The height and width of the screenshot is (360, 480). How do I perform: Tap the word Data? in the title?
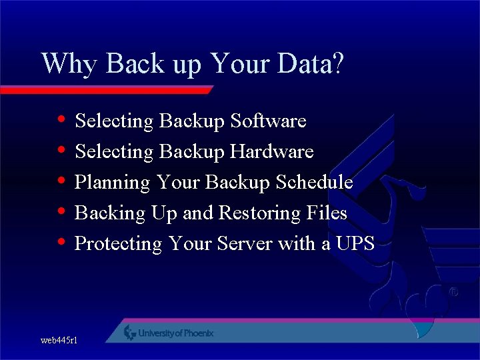(309, 64)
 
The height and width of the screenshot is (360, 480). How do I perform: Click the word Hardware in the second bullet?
(271, 152)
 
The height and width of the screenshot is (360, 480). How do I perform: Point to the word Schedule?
(314, 183)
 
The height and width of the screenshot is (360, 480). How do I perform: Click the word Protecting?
(118, 244)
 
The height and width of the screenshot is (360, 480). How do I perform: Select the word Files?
(328, 213)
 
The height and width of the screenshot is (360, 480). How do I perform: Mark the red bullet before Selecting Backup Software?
(61, 121)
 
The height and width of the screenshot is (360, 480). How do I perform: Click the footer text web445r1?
(59, 341)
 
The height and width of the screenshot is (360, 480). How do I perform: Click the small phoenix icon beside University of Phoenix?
(130, 333)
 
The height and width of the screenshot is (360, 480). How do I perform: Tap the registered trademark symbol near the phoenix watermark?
(453, 292)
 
